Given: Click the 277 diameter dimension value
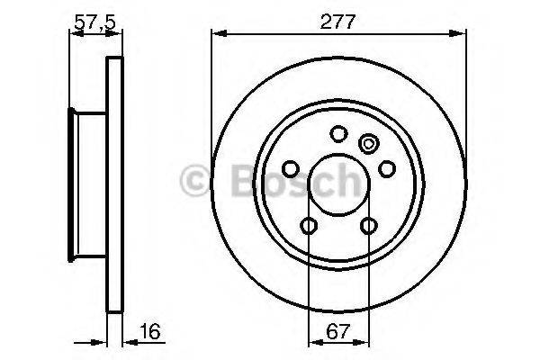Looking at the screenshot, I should click(x=338, y=22).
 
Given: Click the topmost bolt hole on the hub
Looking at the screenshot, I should click(x=338, y=135).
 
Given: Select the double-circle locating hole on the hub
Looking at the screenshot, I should click(x=368, y=143).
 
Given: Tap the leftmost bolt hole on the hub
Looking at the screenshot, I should click(x=290, y=169).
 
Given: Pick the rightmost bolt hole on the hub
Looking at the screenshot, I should click(x=387, y=169).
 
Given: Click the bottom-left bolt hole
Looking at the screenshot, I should click(x=309, y=226).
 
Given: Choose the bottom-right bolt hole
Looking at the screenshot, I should click(x=369, y=226).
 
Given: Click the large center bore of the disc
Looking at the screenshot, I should click(x=338, y=185).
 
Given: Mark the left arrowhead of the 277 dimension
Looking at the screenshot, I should click(x=216, y=35).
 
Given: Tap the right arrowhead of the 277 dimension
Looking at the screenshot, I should click(x=463, y=35).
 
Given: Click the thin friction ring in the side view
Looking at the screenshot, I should click(x=113, y=185).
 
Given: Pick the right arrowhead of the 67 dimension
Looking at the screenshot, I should click(x=364, y=342).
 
